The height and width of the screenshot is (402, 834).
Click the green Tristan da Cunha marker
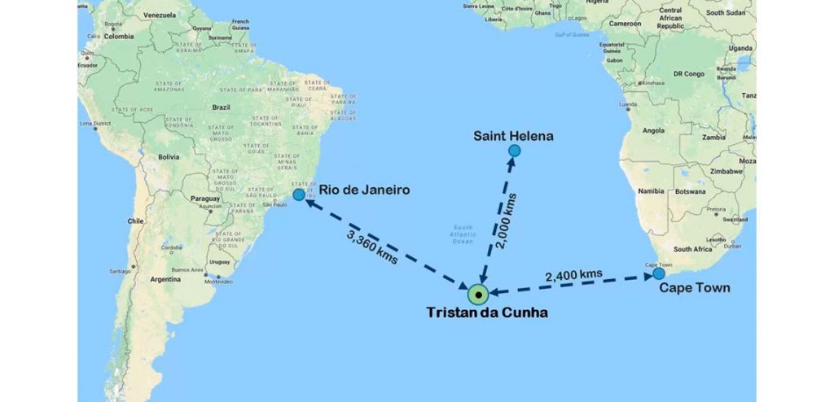pyautogui.click(x=480, y=295)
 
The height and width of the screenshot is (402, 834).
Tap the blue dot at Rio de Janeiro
pyautogui.click(x=299, y=195)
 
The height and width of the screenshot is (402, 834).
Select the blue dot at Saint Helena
pyautogui.click(x=514, y=151)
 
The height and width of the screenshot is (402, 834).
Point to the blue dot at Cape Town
pyautogui.click(x=659, y=274)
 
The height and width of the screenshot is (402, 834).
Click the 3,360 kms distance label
pyautogui.click(x=372, y=247)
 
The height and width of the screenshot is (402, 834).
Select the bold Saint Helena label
pyautogui.click(x=513, y=136)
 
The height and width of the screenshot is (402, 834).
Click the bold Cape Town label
pyautogui.click(x=694, y=288)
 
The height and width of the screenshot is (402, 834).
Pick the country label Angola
pyautogui.click(x=631, y=130)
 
